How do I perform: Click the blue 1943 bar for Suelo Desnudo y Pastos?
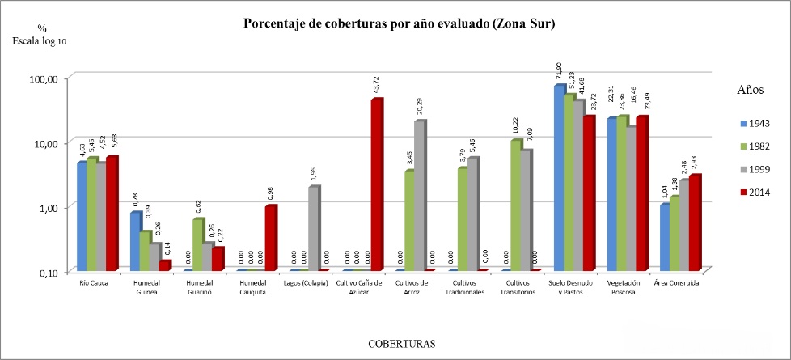coord(559,177)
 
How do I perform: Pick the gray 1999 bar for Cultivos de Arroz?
coord(419,195)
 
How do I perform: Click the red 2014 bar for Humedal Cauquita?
coord(270,238)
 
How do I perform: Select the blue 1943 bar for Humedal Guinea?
coord(137,240)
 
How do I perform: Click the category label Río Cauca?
coord(95,283)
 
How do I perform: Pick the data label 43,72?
coord(376,85)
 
